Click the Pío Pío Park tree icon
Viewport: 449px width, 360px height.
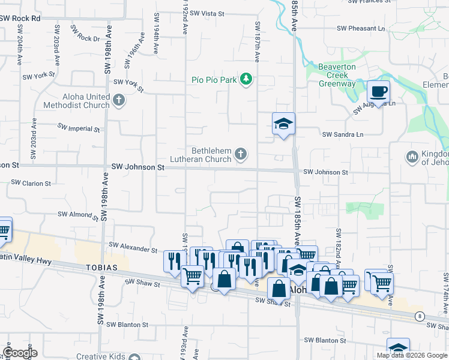[x=246, y=79]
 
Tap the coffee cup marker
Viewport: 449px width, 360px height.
[x=378, y=92]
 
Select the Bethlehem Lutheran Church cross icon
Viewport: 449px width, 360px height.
[x=240, y=155]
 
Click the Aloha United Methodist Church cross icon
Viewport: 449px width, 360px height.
[x=118, y=100]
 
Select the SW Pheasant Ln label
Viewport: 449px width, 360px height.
[x=361, y=28]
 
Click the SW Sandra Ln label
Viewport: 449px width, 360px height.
[x=343, y=135]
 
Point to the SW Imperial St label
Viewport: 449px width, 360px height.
[x=79, y=128]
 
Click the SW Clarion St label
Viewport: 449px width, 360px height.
[x=31, y=182]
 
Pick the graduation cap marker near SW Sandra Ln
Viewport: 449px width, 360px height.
[x=284, y=124]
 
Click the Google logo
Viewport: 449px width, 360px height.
[x=19, y=353]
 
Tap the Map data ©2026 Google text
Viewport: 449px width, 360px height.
[x=411, y=355]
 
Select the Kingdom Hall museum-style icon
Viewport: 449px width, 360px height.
[x=412, y=157]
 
